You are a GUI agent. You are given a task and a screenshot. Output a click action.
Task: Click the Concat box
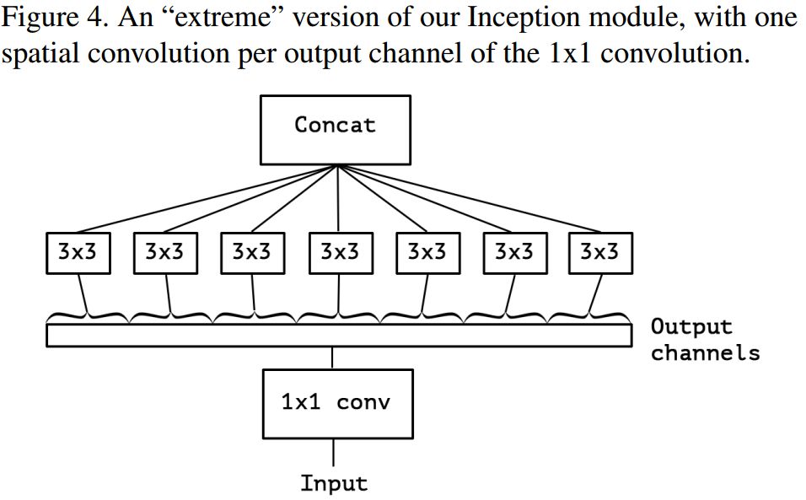(335, 129)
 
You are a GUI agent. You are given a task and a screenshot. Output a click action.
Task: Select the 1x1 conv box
(338, 403)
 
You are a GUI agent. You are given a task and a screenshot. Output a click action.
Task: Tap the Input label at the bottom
(334, 483)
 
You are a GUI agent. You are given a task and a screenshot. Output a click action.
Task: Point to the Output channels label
(704, 339)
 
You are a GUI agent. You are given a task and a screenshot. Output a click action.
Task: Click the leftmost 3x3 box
(78, 252)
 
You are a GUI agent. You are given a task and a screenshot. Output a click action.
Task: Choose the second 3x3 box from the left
(165, 252)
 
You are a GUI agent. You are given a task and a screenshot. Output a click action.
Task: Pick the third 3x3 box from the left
(252, 252)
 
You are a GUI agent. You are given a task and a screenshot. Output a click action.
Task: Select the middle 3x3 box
(340, 252)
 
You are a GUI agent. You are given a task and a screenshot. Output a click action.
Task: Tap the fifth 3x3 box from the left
(427, 252)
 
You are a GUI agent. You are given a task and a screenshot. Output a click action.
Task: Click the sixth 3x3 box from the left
(514, 252)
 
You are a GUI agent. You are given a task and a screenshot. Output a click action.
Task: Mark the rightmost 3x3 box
(599, 252)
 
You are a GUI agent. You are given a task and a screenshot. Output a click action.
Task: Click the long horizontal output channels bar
(338, 336)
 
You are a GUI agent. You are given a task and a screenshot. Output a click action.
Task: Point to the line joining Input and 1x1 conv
(334, 452)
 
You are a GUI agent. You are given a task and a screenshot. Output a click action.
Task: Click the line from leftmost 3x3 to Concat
(202, 199)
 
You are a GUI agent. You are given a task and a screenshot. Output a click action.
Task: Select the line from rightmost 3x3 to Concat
(472, 199)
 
